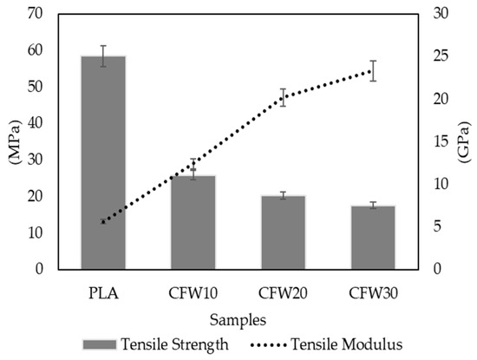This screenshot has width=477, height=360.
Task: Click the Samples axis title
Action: click(x=238, y=320)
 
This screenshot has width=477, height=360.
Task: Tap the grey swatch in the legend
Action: click(x=108, y=344)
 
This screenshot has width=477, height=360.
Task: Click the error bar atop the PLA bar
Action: click(x=103, y=56)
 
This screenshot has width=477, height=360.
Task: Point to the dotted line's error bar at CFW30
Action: click(x=373, y=70)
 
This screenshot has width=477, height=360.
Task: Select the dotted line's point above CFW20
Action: click(x=283, y=96)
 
